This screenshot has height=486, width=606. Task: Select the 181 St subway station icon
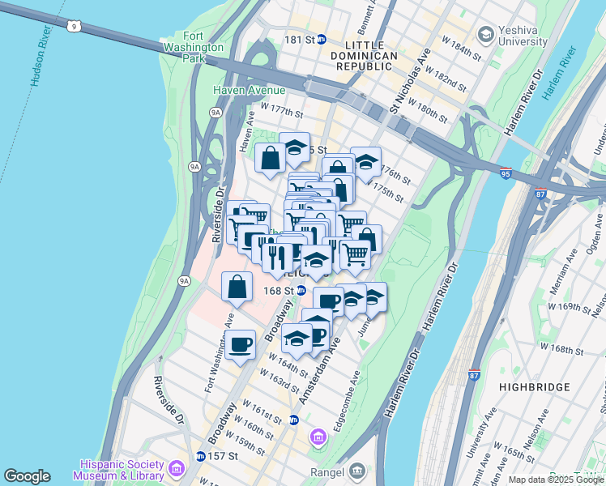pyautogui.click(x=321, y=39)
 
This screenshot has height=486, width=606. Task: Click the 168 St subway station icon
pyautogui.click(x=301, y=291)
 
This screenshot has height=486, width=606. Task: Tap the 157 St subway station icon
pyautogui.click(x=200, y=456)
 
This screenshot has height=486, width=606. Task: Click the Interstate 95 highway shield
pyautogui.click(x=505, y=174)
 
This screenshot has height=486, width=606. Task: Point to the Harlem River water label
pyautogui.click(x=559, y=72)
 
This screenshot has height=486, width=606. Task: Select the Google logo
pyautogui.click(x=27, y=476)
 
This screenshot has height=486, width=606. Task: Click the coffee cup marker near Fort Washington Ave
pyautogui.click(x=240, y=344)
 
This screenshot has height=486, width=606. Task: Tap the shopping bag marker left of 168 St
pyautogui.click(x=236, y=288)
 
